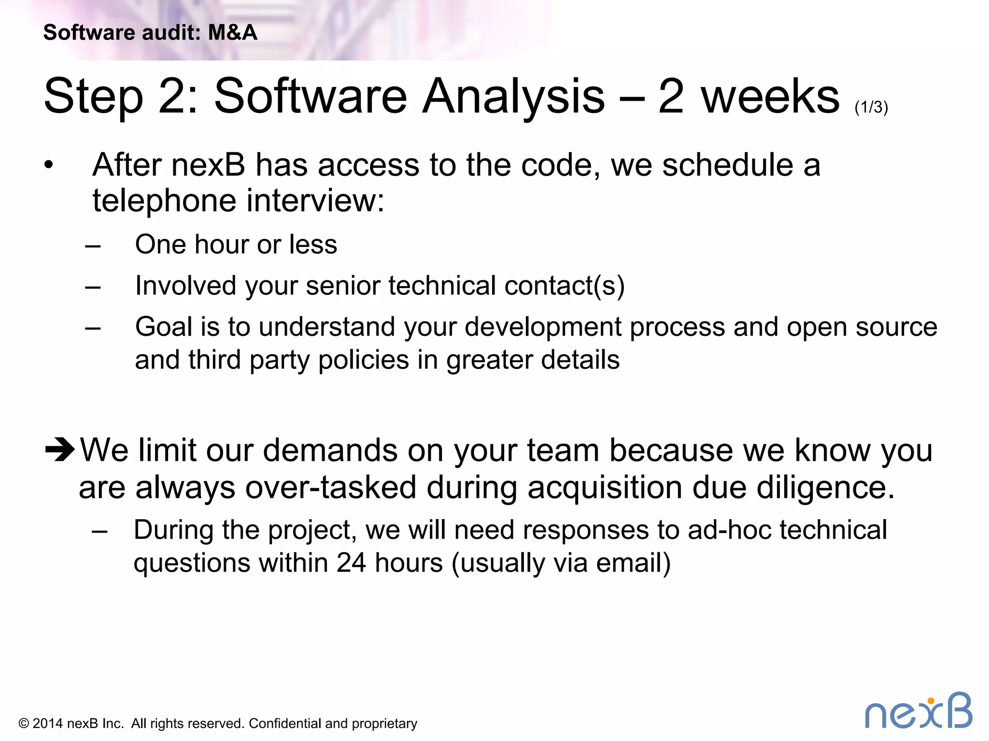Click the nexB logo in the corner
pyautogui.click(x=918, y=711)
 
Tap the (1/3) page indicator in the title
pyautogui.click(x=871, y=107)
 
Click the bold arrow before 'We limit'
pyautogui.click(x=60, y=449)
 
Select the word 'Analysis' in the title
pyautogui.click(x=513, y=97)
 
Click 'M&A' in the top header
pyautogui.click(x=232, y=33)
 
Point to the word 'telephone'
pyautogui.click(x=164, y=200)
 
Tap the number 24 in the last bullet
pyautogui.click(x=351, y=563)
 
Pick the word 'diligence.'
pyautogui.click(x=825, y=487)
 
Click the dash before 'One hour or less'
pyautogui.click(x=93, y=246)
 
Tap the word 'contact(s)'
pyautogui.click(x=564, y=286)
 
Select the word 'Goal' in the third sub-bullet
pyautogui.click(x=164, y=327)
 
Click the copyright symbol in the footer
pyautogui.click(x=24, y=724)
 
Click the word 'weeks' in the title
pyautogui.click(x=770, y=97)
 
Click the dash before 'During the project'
pyautogui.click(x=99, y=532)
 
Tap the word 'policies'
pyautogui.click(x=364, y=360)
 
